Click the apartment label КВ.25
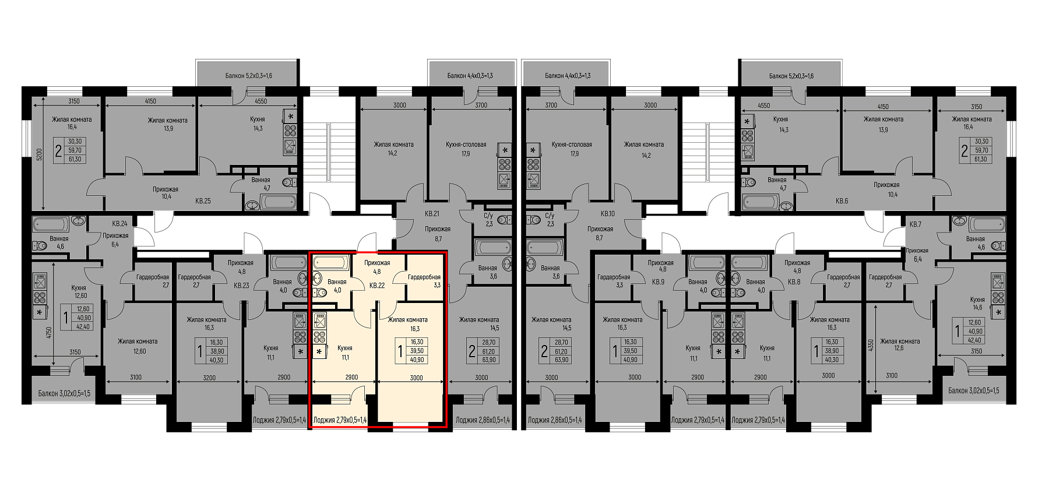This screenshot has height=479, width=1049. (x=203, y=201)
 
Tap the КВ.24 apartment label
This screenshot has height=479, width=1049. (x=119, y=224)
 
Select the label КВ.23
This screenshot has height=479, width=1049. (x=241, y=286)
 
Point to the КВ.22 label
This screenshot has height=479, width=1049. (x=377, y=286)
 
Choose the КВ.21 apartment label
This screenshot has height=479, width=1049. (x=432, y=214)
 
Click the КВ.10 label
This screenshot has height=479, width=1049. (x=607, y=214)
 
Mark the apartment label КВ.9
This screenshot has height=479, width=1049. (x=658, y=282)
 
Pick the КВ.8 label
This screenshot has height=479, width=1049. (x=794, y=282)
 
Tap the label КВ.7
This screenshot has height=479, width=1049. (x=915, y=224)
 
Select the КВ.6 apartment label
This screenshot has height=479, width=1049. (x=842, y=201)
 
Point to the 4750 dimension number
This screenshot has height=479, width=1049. (x=49, y=333)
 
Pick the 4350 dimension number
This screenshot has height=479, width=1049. (x=871, y=345)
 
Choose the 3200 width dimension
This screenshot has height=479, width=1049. (x=209, y=378)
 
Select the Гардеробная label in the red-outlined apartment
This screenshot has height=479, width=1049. (x=424, y=277)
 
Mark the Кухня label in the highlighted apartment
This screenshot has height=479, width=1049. (x=345, y=348)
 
